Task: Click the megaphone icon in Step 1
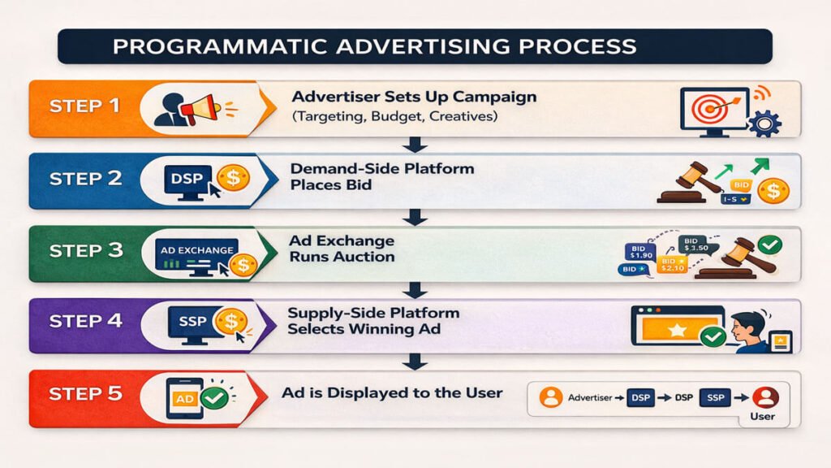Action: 198,107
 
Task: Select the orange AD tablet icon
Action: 183,398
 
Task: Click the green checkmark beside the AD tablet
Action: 214,398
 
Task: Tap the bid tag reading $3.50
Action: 695,243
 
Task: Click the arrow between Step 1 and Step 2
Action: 415,145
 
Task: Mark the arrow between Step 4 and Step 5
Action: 415,362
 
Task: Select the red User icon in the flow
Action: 765,397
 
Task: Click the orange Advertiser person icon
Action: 552,398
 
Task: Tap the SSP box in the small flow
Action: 715,398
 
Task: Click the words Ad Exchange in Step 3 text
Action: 341,241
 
